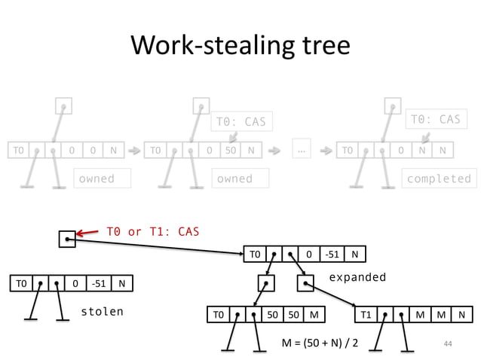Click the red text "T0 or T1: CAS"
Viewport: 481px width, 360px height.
tap(152, 231)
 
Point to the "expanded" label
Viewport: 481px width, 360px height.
tap(357, 277)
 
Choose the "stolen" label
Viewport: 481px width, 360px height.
tap(102, 311)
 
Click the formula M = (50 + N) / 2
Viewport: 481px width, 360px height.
tap(320, 343)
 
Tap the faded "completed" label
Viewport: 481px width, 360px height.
tap(438, 178)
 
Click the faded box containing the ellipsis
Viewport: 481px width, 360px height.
tap(302, 150)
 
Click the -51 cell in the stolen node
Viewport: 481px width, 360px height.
tap(97, 283)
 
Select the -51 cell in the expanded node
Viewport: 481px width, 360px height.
tap(332, 254)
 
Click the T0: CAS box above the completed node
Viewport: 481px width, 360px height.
tap(434, 119)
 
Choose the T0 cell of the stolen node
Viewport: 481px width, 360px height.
tap(20, 283)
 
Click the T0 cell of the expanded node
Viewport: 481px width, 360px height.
tap(255, 254)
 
